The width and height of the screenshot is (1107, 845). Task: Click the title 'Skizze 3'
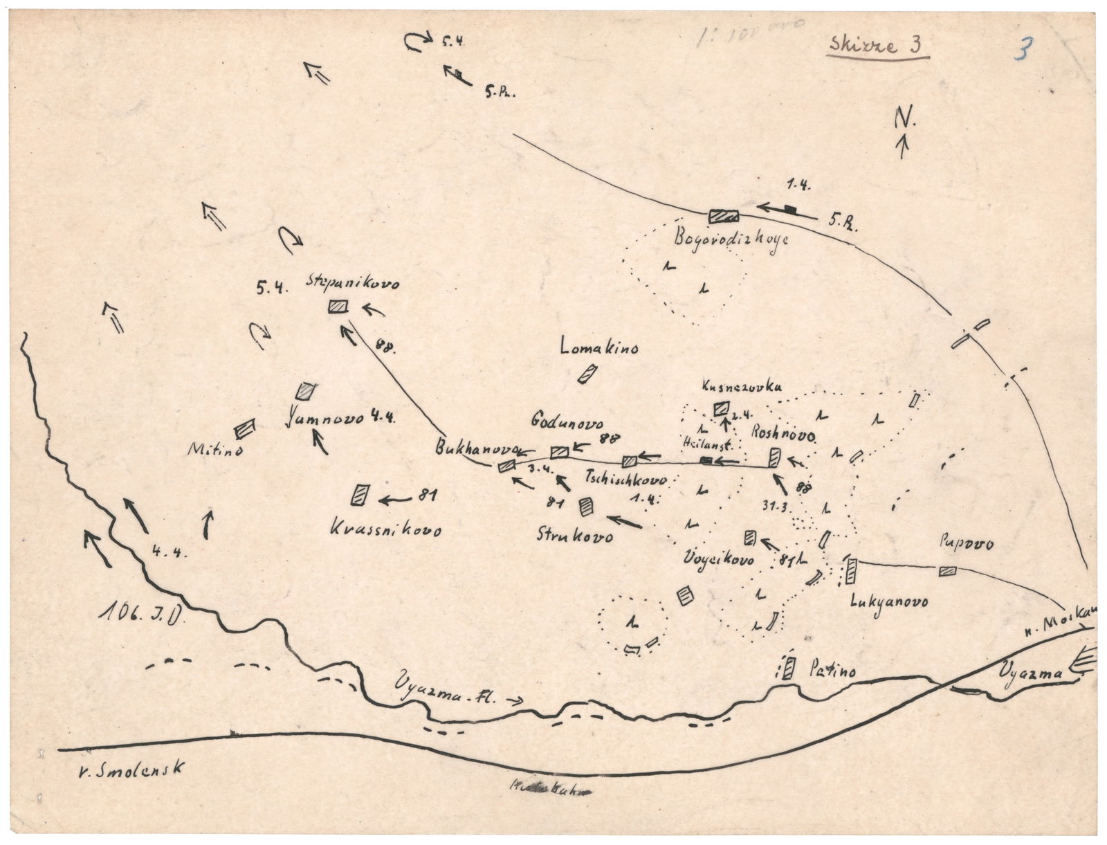876,46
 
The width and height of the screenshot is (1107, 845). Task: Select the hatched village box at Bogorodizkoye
724,216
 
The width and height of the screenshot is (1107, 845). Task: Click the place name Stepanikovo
352,283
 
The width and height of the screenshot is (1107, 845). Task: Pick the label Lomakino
600,347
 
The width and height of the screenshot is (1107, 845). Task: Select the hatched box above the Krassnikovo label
360,494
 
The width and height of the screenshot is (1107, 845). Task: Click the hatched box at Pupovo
946,571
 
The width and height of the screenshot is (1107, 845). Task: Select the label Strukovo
575,536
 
